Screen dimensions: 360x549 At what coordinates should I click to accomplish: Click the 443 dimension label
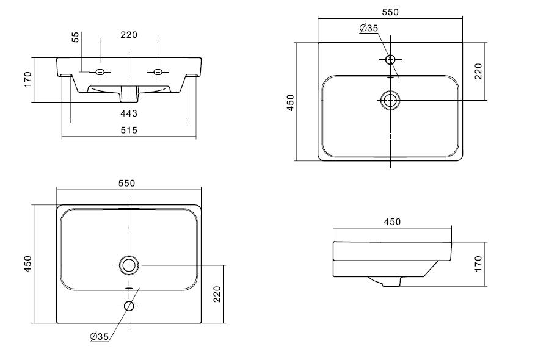tap(128, 113)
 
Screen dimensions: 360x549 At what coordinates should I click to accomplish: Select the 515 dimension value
tap(128, 129)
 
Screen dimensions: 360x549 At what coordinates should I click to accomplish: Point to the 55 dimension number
tap(76, 37)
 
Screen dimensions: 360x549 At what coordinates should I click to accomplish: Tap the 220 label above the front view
tap(128, 35)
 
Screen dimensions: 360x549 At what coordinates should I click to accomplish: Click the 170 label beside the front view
tap(27, 79)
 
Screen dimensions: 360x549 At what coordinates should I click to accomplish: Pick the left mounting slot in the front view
tap(101, 72)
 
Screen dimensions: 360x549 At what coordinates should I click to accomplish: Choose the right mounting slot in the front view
tap(158, 72)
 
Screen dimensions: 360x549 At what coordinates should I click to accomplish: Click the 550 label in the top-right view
tap(390, 13)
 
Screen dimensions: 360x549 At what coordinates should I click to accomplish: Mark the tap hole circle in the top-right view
tap(391, 59)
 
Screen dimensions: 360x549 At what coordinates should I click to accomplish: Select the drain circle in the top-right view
tap(390, 100)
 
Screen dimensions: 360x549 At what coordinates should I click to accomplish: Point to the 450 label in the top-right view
tap(291, 101)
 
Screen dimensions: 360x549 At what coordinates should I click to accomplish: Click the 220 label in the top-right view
tap(478, 71)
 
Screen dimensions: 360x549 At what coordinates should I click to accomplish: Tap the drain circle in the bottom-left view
tap(129, 265)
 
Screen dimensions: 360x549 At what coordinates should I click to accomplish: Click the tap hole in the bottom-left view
tap(129, 306)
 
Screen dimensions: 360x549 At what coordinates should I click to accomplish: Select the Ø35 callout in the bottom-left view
tap(98, 336)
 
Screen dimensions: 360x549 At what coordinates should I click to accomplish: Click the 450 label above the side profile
tap(392, 221)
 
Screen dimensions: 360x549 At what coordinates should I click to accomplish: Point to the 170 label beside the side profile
tap(478, 264)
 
